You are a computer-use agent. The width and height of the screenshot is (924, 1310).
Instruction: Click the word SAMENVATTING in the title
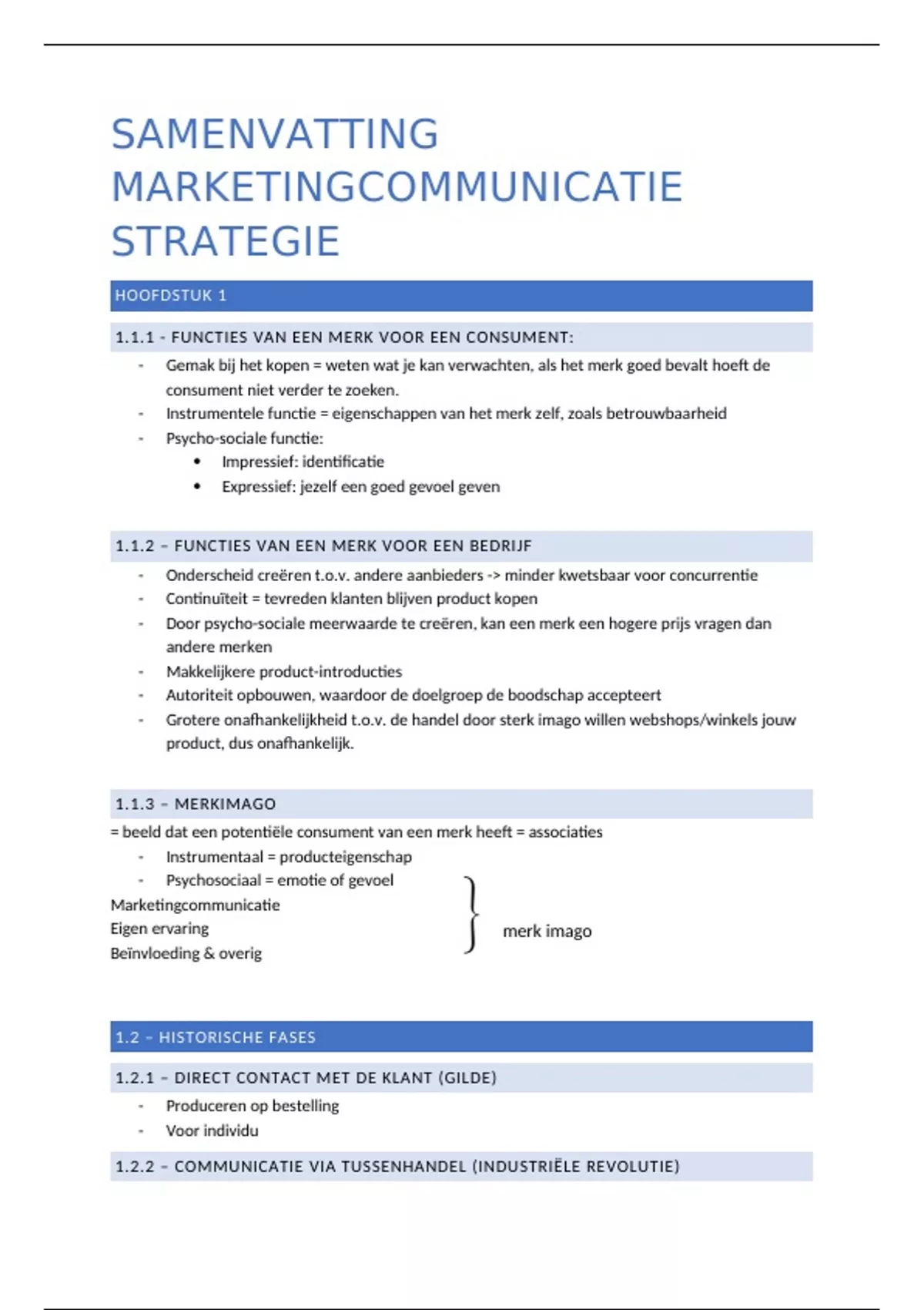pos(275,134)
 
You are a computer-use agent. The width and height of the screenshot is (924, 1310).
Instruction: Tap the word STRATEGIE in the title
pos(225,242)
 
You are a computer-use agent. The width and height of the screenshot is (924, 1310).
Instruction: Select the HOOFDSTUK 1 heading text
pos(171,296)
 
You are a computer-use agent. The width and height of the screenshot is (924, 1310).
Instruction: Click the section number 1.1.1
pos(135,338)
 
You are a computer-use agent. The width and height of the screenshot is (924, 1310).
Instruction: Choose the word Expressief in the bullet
pos(257,487)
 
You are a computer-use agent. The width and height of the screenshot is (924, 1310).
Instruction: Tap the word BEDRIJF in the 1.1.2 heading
pos(499,546)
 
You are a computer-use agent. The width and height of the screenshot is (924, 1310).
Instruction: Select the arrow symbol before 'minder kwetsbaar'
pos(494,576)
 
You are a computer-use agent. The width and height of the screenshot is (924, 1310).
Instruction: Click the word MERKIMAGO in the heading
pos(225,804)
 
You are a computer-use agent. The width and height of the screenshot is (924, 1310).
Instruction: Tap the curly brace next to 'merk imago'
pos(471,915)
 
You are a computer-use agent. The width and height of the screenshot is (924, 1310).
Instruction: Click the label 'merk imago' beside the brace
pos(547,932)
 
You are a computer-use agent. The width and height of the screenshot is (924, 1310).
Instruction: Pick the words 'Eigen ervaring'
pos(159,929)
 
